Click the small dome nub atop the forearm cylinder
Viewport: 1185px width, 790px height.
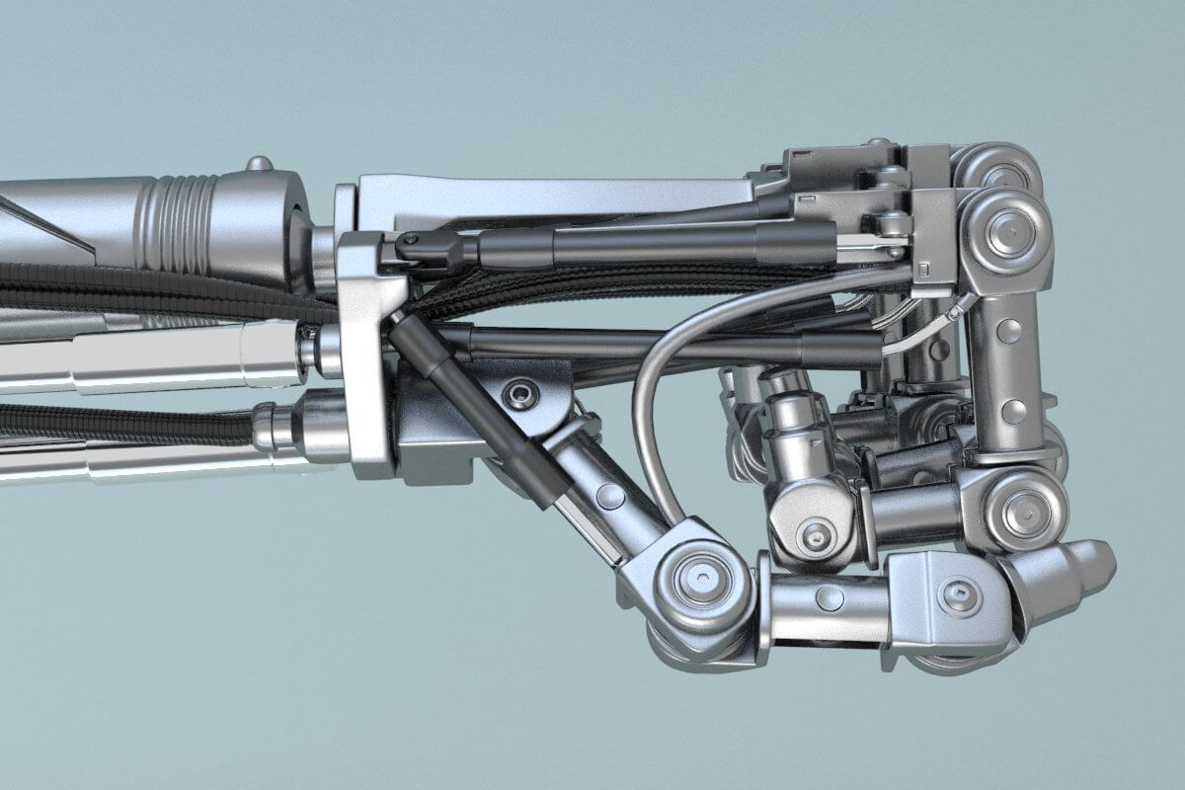[259, 163]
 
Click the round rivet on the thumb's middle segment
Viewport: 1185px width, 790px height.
[829, 597]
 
